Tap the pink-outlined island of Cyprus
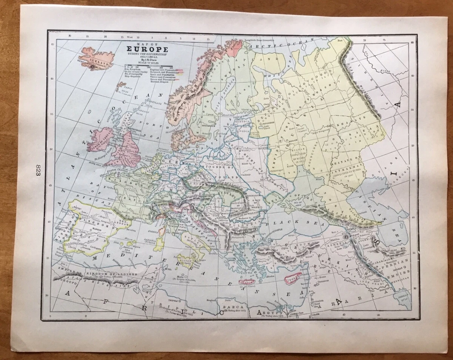[x=293, y=278]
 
